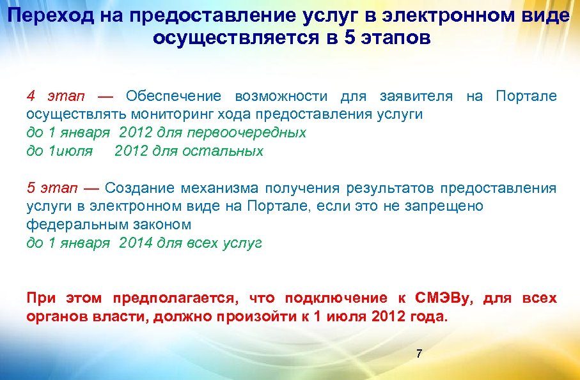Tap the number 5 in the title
pos(349,38)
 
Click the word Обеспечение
pos(173,96)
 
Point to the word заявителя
pos(416,96)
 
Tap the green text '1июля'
pos(71,151)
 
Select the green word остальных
pos(223,151)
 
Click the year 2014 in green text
pos(136,243)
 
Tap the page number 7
pos(419,353)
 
